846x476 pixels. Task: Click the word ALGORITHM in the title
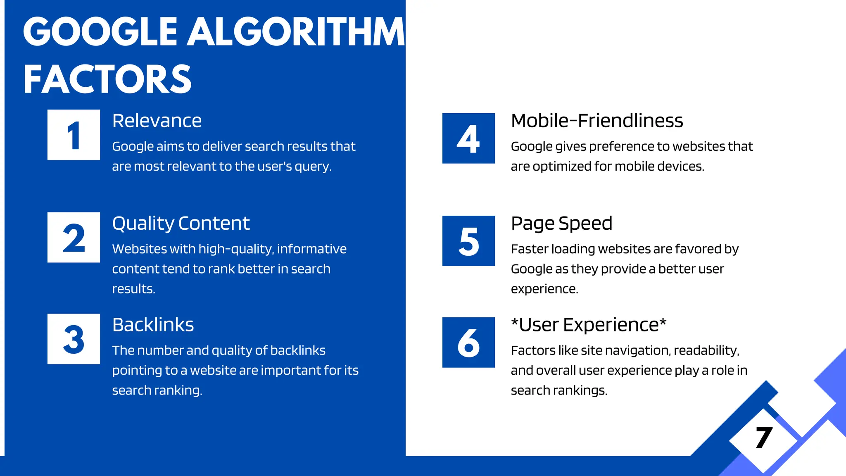(x=296, y=32)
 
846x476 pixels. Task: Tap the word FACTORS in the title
(x=107, y=79)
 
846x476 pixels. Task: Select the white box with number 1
(x=74, y=135)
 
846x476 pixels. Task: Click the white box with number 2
(x=74, y=237)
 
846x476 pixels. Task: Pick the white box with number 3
(x=74, y=339)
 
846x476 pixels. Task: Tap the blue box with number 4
(x=468, y=138)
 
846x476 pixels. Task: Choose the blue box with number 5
(x=468, y=241)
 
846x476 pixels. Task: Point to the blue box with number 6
(x=468, y=343)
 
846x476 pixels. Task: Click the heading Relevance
(x=157, y=121)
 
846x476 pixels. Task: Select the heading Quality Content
(x=181, y=224)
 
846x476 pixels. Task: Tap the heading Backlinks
(x=153, y=325)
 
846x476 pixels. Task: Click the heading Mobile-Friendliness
(x=597, y=121)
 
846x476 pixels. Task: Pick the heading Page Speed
(x=561, y=224)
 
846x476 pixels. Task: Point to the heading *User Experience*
(x=589, y=325)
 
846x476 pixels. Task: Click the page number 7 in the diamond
(x=764, y=438)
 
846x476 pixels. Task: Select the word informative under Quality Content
(x=312, y=249)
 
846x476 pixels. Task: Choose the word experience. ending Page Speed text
(x=544, y=289)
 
